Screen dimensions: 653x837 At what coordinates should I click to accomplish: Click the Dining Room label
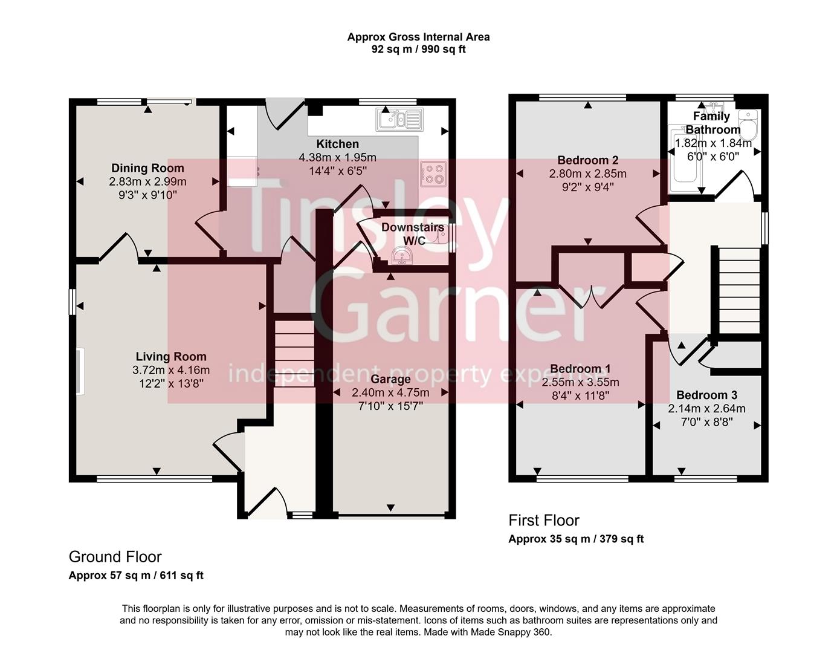147,168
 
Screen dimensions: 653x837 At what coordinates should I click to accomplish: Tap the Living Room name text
170,357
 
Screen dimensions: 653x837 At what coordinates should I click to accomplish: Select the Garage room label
390,379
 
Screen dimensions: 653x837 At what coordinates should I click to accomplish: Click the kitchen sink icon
398,119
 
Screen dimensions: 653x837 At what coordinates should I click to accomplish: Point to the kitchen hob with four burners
433,174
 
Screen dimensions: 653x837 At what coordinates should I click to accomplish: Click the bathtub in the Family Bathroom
685,160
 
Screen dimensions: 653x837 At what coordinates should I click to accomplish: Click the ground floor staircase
295,354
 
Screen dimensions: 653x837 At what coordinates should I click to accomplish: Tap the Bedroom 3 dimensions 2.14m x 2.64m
706,409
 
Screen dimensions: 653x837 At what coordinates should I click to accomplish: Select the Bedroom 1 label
580,369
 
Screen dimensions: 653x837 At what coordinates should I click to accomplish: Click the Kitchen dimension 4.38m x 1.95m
337,158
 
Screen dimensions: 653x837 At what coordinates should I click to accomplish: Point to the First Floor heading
543,521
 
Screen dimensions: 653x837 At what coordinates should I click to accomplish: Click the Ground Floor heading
115,557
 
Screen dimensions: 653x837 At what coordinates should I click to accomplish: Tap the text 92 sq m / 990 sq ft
418,50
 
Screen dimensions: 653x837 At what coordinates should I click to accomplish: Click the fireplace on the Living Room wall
80,371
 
